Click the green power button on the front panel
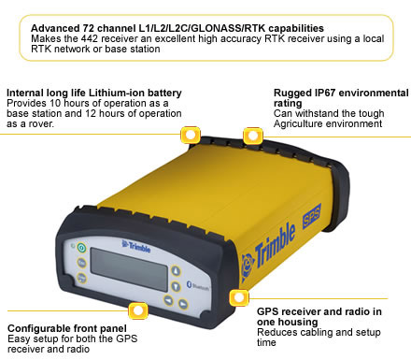(x=81, y=247)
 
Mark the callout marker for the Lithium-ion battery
(x=191, y=134)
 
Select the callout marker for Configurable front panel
(x=137, y=310)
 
